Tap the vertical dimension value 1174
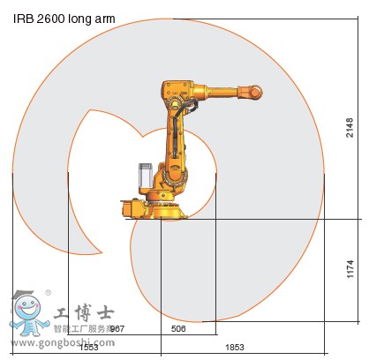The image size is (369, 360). click(x=350, y=267)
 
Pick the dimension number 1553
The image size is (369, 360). click(x=87, y=347)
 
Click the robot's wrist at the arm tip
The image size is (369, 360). click(x=255, y=91)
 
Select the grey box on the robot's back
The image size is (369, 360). click(x=144, y=175)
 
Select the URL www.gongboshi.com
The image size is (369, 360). click(x=51, y=340)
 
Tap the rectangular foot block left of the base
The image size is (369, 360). click(x=132, y=208)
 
